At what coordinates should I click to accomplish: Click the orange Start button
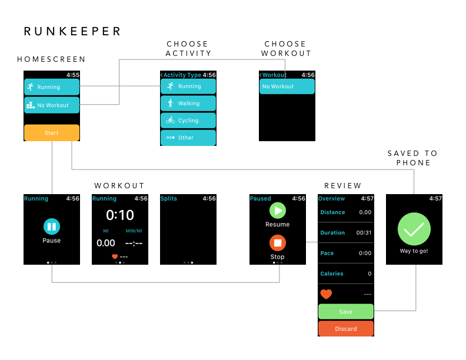click(x=52, y=133)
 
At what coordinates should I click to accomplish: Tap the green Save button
click(x=346, y=312)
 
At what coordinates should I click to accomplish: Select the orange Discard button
click(x=346, y=329)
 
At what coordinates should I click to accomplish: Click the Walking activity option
click(x=188, y=104)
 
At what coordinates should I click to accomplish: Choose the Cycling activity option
click(x=188, y=121)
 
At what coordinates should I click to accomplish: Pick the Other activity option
click(x=188, y=138)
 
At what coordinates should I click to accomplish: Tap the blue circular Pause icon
click(x=52, y=226)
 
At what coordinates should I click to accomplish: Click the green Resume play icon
click(x=277, y=211)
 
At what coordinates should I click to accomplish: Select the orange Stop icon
click(x=277, y=243)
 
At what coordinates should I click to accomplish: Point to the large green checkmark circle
click(x=414, y=229)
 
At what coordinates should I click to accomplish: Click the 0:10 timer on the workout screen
click(x=120, y=215)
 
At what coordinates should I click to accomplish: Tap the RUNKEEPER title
click(x=72, y=32)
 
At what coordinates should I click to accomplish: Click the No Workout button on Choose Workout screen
click(x=287, y=86)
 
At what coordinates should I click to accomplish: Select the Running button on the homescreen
click(x=52, y=87)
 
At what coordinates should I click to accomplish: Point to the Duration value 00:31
click(x=364, y=233)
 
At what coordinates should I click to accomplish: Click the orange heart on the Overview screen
click(x=326, y=294)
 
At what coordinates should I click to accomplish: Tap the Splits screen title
click(x=169, y=199)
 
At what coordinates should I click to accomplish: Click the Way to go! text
click(x=414, y=251)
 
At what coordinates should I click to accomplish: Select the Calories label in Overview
click(x=332, y=274)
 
